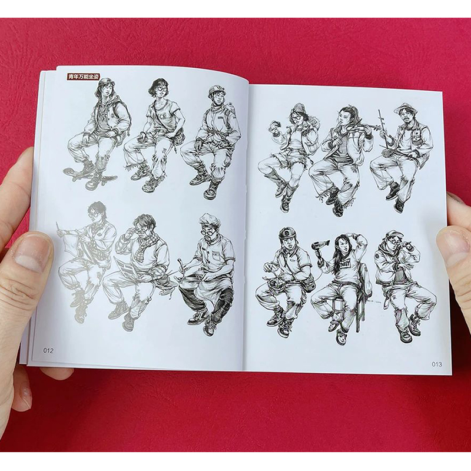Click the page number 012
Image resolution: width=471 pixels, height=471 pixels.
click(48, 350)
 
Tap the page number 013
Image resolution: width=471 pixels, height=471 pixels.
click(437, 364)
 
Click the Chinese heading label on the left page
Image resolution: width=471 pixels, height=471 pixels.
click(83, 77)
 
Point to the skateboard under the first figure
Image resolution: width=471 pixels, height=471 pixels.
click(89, 174)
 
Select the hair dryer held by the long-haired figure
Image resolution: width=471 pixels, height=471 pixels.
click(320, 246)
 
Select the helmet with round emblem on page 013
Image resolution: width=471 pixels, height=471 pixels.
click(287, 233)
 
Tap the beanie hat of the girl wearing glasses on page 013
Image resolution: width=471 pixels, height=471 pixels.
click(299, 108)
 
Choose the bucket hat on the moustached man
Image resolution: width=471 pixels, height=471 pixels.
click(404, 108)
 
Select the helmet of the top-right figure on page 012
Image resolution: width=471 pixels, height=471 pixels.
click(215, 91)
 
